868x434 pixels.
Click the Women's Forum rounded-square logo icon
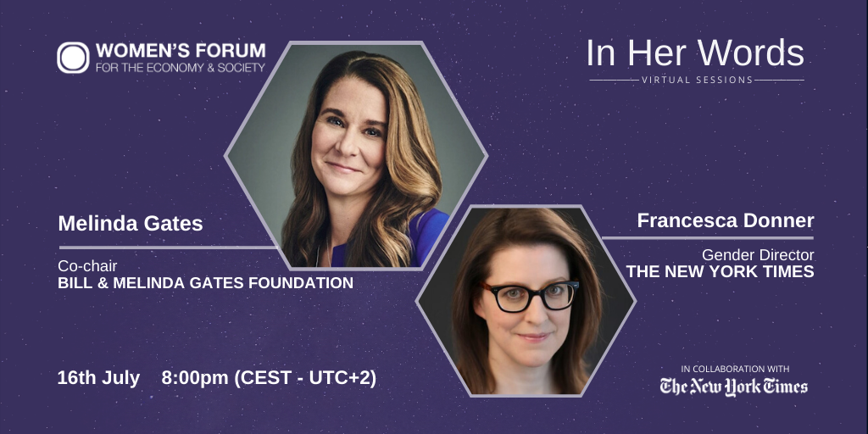73,58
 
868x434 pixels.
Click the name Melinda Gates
131,224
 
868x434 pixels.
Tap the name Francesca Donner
726,220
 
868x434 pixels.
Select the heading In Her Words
695,53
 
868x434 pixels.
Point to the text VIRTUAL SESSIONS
697,80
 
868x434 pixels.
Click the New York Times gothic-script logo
733,387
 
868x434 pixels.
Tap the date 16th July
98,378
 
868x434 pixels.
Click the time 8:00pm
195,378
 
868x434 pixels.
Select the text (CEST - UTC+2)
305,378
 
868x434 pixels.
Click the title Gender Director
758,255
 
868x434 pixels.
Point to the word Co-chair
87,266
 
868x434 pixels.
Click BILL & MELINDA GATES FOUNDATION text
205,283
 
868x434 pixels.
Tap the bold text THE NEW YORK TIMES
720,271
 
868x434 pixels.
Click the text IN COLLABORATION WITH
735,369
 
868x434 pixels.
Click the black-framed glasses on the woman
530,296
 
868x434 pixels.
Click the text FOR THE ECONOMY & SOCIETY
181,68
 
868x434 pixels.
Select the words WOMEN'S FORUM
181,51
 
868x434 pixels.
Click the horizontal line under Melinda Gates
167,247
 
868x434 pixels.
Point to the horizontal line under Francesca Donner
708,238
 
